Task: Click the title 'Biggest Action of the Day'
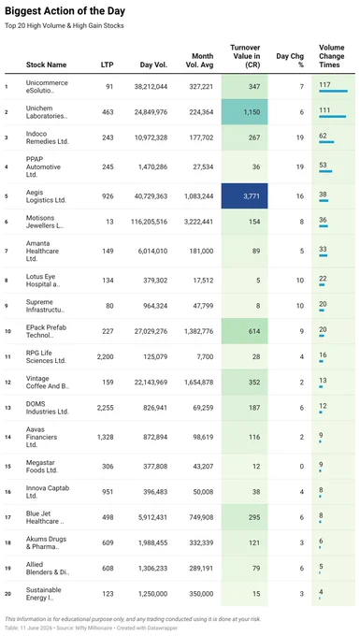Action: [x=65, y=11]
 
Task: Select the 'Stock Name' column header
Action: [x=46, y=65]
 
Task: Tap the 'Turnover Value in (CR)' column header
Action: [x=245, y=56]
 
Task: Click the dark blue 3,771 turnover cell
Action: [x=244, y=195]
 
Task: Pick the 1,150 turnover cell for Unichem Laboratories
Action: [x=244, y=112]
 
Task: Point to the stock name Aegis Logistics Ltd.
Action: [x=46, y=196]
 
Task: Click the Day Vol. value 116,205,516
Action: [x=150, y=222]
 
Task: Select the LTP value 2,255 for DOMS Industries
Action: [x=106, y=408]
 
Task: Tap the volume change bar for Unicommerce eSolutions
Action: [x=333, y=92]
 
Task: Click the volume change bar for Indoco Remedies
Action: [x=326, y=142]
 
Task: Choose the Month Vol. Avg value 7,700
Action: [x=205, y=356]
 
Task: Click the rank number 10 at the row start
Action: [x=7, y=331]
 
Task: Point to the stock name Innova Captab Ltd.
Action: [x=48, y=492]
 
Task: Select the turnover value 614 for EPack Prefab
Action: [x=254, y=331]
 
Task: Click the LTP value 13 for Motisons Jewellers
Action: [x=110, y=222]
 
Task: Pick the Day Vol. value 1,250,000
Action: [x=152, y=593]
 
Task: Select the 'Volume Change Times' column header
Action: [x=332, y=56]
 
